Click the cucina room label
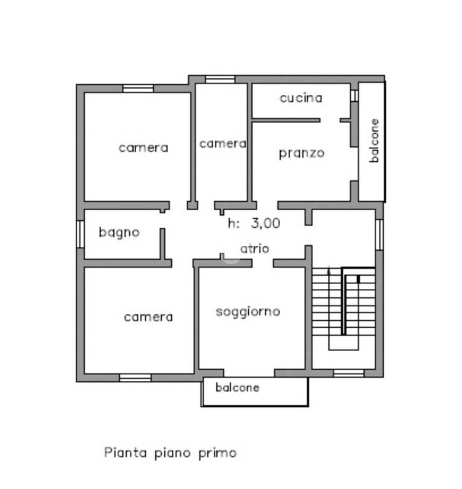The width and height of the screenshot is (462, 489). tap(301, 98)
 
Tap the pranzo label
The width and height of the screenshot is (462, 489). tap(302, 153)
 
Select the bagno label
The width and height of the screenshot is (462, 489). tap(119, 232)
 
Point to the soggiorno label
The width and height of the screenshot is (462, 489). tap(248, 311)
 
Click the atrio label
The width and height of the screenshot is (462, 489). tap(255, 248)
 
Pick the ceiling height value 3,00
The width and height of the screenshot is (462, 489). tap(265, 223)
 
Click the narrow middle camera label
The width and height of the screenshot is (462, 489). tap(223, 144)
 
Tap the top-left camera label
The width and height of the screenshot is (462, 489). tap(143, 148)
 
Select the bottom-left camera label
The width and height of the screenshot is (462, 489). tap(148, 317)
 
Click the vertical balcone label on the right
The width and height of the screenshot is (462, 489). tap(374, 141)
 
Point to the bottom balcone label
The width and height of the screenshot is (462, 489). tap(237, 387)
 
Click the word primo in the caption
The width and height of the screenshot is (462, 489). tap(218, 453)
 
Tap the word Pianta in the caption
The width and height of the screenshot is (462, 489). tap(125, 452)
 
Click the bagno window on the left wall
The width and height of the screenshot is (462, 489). tap(80, 234)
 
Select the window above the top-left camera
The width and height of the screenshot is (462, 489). tap(138, 89)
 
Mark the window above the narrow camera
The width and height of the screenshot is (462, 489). tap(220, 80)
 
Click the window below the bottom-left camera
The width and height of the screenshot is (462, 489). tap(136, 378)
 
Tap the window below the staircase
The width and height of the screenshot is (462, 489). tap(349, 373)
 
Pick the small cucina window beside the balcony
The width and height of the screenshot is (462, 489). tap(354, 96)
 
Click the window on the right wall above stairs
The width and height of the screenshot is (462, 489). tap(379, 234)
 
